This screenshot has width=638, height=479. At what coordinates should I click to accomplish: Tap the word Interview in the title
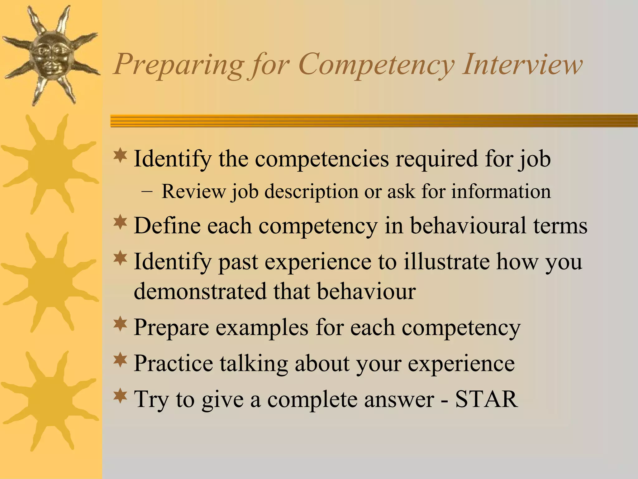pos(522,64)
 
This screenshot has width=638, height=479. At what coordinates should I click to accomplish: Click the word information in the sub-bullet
pos(501,191)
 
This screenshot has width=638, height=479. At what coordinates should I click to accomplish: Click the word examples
pos(262,327)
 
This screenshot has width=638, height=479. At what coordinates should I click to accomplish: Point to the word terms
pos(560,225)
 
